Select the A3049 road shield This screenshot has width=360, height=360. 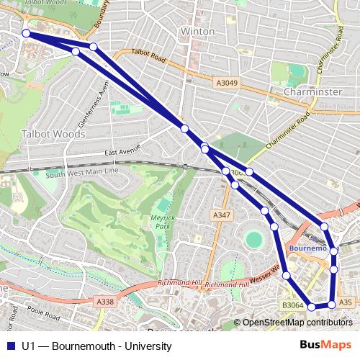click(x=226, y=83)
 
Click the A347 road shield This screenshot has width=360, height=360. click(x=222, y=215)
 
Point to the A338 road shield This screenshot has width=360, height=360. click(x=105, y=302)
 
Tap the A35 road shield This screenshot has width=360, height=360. click(x=345, y=302)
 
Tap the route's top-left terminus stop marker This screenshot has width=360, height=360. click(x=27, y=33)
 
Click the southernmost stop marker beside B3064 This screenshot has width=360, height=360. click(x=312, y=307)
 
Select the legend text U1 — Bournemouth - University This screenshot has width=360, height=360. click(x=96, y=346)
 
